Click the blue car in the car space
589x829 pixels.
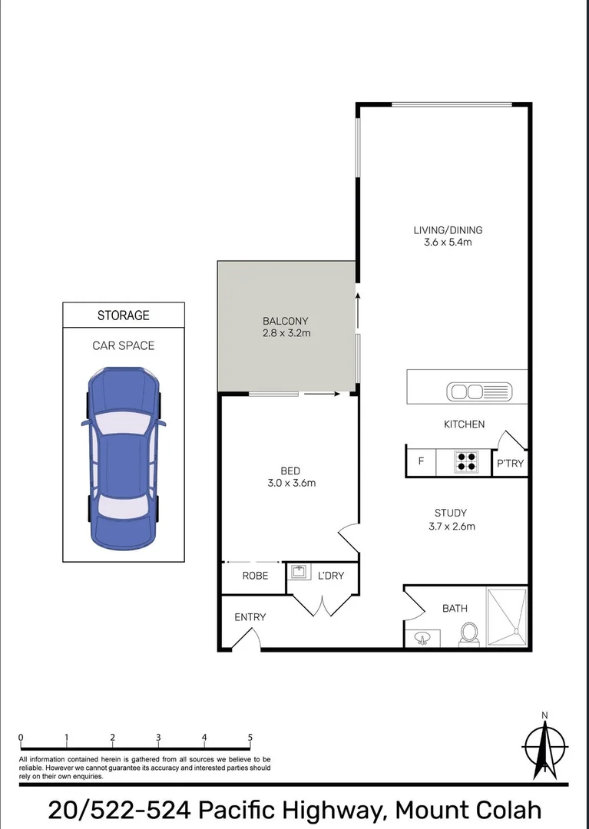123,457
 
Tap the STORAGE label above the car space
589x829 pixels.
123,315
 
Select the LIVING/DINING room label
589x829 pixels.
448,230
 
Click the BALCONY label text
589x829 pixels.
286,321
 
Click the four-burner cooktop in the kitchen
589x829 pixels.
466,461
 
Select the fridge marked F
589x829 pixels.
421,462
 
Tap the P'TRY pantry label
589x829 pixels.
510,463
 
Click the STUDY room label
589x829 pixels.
450,513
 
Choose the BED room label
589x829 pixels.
290,471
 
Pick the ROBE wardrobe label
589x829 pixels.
255,575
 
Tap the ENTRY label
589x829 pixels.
250,617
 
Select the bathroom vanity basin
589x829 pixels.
422,638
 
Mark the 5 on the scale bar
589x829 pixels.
250,738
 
